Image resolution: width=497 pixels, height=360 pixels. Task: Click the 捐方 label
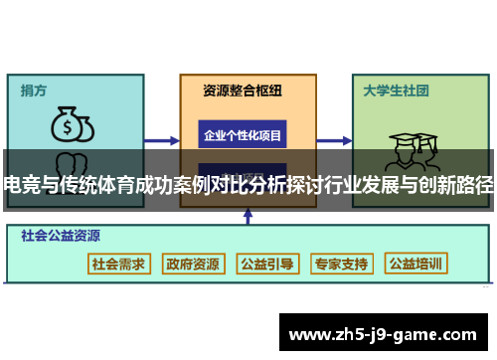point(34,90)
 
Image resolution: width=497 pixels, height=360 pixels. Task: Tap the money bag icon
point(72,125)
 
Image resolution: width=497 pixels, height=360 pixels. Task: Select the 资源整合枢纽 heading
point(243,90)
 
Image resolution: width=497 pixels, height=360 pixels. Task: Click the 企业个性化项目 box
point(243,134)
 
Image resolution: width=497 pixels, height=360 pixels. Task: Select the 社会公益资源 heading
point(61,237)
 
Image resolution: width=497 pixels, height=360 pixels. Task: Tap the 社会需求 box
point(118,264)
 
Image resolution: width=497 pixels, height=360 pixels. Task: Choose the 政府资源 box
point(193,264)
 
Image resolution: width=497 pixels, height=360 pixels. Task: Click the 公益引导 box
point(267,264)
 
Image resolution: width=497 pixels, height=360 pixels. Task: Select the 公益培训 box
point(416,264)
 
